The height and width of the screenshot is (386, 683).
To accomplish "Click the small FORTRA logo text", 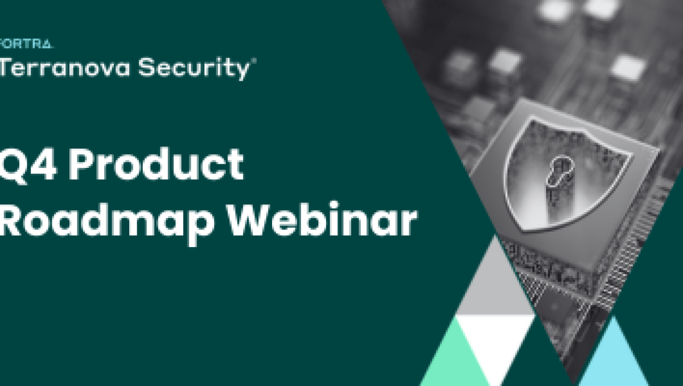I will coord(26,44).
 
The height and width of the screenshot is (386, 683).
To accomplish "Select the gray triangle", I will coord(493,285).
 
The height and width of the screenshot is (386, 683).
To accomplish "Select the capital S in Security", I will coord(149,68).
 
